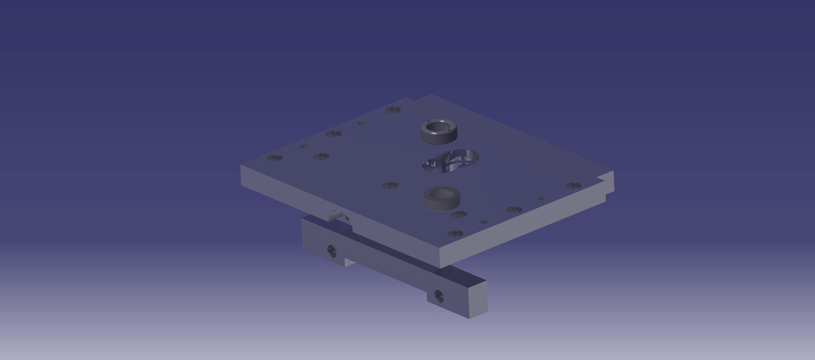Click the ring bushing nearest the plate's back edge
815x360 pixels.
tap(438, 132)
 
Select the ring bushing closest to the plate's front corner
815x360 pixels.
tap(441, 198)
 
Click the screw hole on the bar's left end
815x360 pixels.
tap(332, 250)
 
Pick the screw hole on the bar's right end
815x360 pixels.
tap(438, 295)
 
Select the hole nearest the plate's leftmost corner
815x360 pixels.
tap(274, 157)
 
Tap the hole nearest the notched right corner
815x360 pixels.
tap(573, 185)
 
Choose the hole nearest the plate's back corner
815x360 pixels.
tap(393, 110)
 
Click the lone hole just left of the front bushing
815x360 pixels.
tap(390, 185)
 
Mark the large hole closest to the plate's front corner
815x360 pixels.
tap(456, 233)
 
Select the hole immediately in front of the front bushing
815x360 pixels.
tap(458, 214)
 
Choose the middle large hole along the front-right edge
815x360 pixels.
tap(514, 210)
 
